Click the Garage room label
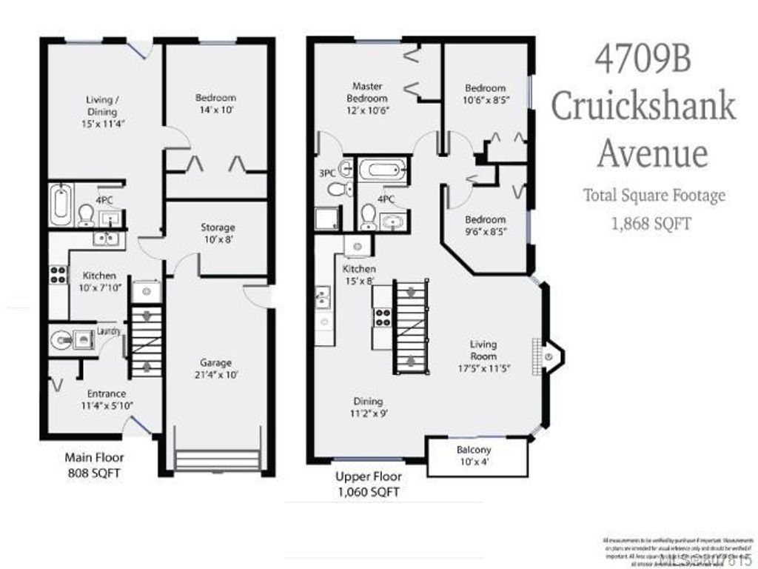tap(215, 363)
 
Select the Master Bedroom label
tap(368, 93)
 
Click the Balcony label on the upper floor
tap(474, 450)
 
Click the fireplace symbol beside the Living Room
tap(549, 357)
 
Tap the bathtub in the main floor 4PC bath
tap(61, 203)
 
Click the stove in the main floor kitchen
tap(57, 275)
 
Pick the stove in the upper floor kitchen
tap(383, 316)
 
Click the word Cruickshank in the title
tap(643, 107)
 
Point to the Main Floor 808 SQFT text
tap(94, 465)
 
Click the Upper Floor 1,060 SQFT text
tap(368, 483)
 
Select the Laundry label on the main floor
tap(108, 331)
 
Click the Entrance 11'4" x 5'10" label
tap(103, 399)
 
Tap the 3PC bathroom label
tap(326, 174)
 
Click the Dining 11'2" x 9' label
tap(368, 407)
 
